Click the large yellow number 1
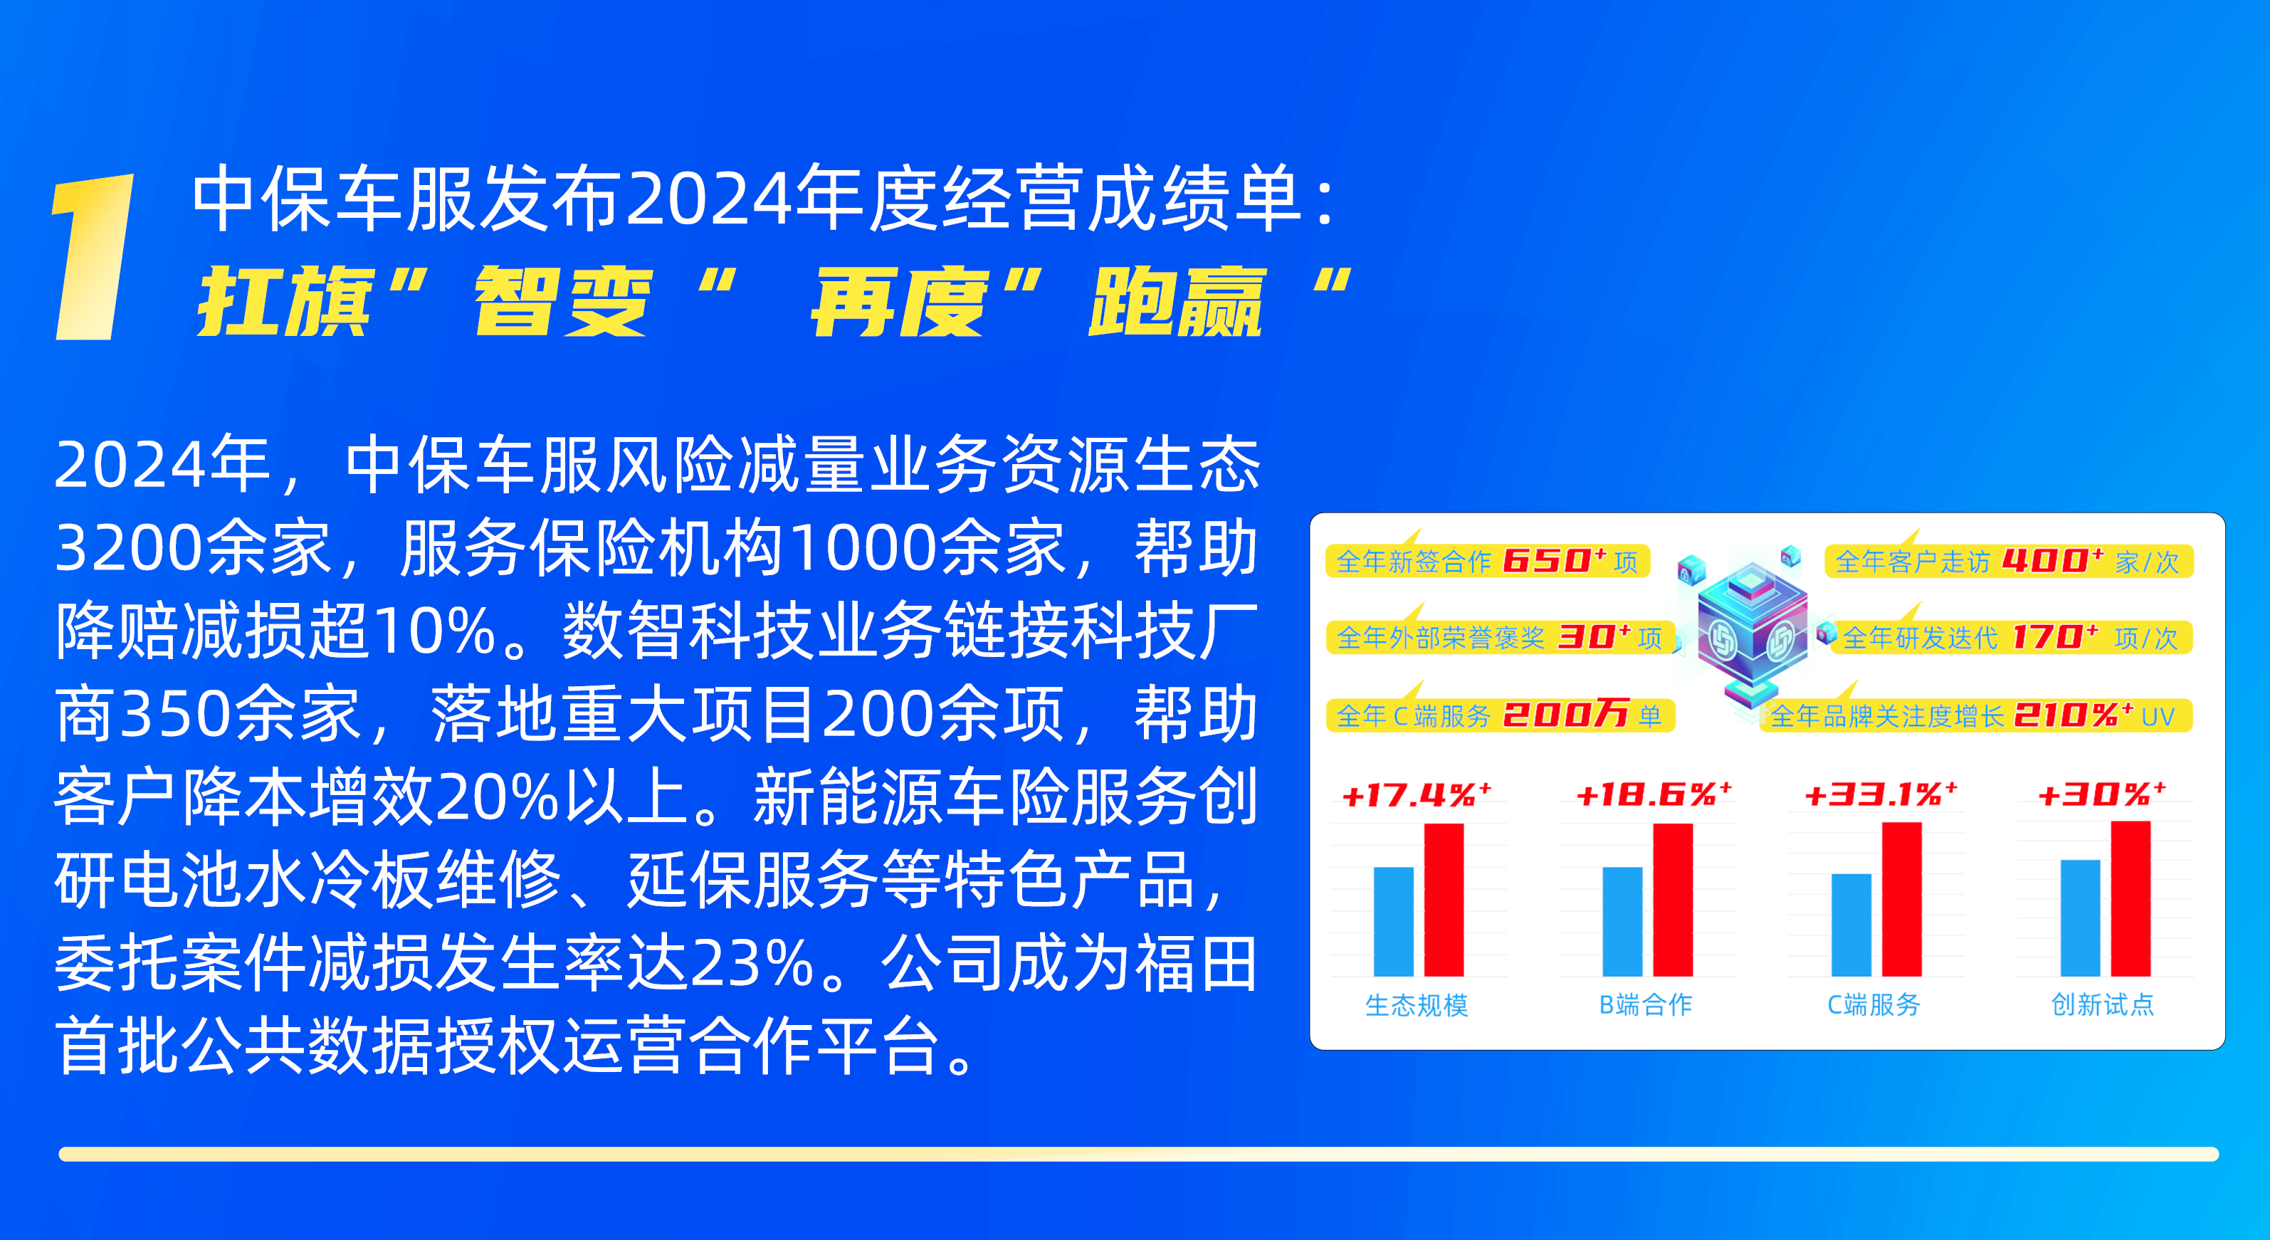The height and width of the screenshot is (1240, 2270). pyautogui.click(x=93, y=256)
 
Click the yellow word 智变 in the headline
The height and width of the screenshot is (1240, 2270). pyautogui.click(x=562, y=303)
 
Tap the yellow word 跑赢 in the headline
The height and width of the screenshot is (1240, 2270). pyautogui.click(x=1177, y=303)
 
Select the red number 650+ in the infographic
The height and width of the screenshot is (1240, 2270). pyautogui.click(x=1555, y=560)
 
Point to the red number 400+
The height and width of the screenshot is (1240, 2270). pyautogui.click(x=2052, y=560)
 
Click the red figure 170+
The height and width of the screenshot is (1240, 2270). pyautogui.click(x=2055, y=637)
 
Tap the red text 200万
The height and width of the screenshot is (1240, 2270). pyautogui.click(x=1565, y=715)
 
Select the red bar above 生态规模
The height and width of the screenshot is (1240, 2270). pyautogui.click(x=1444, y=900)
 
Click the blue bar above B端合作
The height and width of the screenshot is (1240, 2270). pyautogui.click(x=1622, y=922)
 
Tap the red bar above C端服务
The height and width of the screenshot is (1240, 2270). pyautogui.click(x=1902, y=899)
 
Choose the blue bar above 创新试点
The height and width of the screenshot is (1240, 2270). pyautogui.click(x=2080, y=918)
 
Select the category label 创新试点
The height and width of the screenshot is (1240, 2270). pyautogui.click(x=2103, y=1004)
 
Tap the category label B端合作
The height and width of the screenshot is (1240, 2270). pyautogui.click(x=1645, y=1004)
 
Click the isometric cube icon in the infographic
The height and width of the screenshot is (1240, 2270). pyautogui.click(x=1752, y=628)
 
